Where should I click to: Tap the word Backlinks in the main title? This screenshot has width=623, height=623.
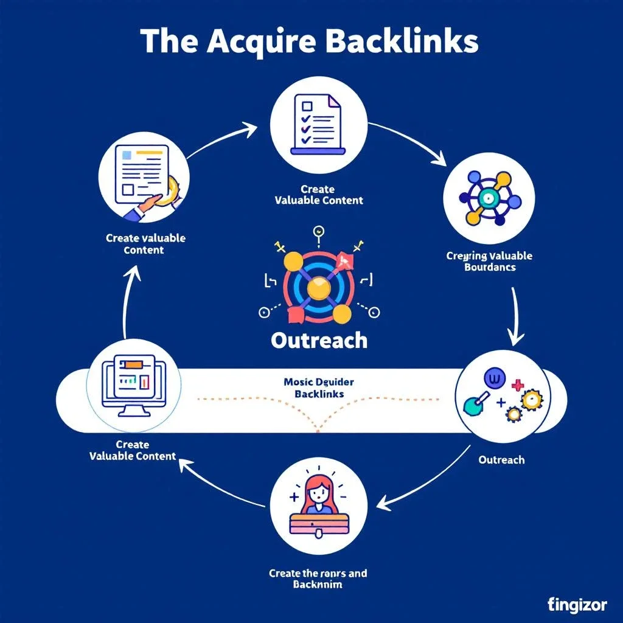point(401,41)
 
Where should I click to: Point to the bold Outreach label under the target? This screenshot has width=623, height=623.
point(319,340)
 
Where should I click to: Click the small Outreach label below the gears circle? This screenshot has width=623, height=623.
point(501,459)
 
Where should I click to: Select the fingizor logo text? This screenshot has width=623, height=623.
point(577,605)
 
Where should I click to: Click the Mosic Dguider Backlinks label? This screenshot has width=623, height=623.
point(319,388)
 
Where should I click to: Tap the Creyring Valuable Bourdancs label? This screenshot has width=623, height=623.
point(489,262)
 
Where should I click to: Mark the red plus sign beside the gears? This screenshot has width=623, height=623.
point(518,385)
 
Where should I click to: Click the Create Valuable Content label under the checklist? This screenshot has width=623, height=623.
point(318,195)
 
